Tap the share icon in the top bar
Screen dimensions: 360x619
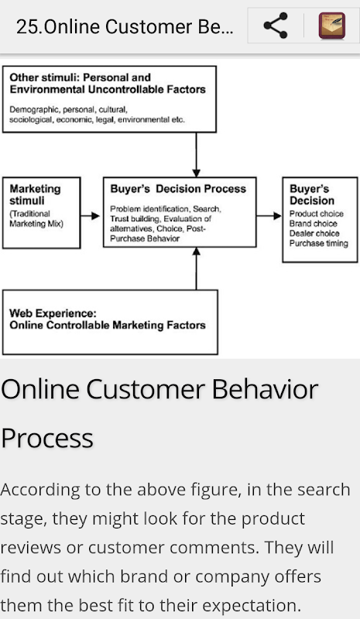click(276, 26)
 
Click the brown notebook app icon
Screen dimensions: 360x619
click(332, 26)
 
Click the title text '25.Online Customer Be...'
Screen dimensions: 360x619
click(125, 27)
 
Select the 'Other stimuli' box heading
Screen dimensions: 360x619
click(108, 84)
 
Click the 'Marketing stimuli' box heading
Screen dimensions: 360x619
click(35, 195)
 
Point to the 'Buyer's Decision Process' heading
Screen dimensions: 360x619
click(178, 189)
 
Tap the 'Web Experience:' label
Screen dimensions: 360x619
click(53, 313)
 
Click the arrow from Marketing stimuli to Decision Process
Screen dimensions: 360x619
click(90, 216)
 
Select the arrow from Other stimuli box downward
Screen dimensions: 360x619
click(196, 154)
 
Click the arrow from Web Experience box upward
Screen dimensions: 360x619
click(196, 268)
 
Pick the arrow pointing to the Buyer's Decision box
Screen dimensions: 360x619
click(269, 216)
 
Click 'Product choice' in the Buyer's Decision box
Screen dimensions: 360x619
click(317, 214)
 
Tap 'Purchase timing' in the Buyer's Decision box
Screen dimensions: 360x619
click(319, 243)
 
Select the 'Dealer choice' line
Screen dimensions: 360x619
click(314, 234)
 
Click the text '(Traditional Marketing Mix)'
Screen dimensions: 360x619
click(36, 219)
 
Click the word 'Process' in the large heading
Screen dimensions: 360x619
click(47, 438)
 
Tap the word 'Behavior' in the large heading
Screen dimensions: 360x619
click(265, 389)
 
